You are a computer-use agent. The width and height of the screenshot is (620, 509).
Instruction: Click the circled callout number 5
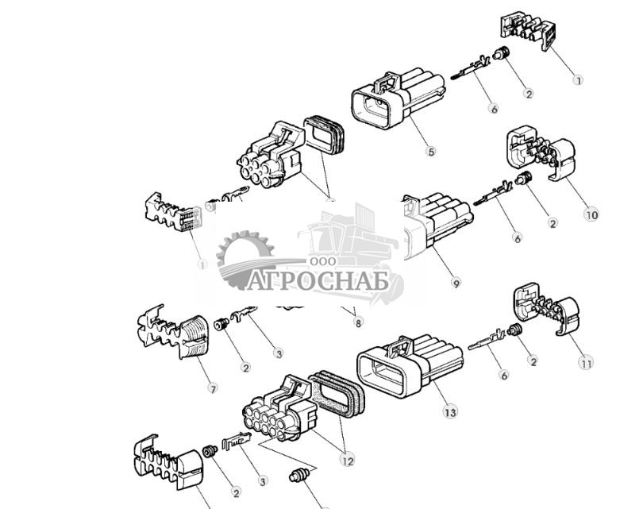point(431,152)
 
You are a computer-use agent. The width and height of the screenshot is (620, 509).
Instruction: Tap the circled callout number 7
point(212,388)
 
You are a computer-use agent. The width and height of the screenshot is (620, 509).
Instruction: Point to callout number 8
point(358,322)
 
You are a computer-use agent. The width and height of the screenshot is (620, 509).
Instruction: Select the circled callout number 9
point(455,282)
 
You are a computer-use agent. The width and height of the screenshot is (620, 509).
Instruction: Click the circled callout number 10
point(591,214)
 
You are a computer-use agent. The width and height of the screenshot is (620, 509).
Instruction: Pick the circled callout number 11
point(586,364)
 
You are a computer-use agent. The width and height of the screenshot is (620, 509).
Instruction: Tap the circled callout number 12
point(347,459)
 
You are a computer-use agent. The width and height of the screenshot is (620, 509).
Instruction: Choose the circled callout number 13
point(450,412)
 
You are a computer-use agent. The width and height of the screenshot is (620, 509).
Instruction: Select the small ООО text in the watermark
point(322,262)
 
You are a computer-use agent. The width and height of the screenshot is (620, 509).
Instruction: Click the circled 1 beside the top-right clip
point(578,80)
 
